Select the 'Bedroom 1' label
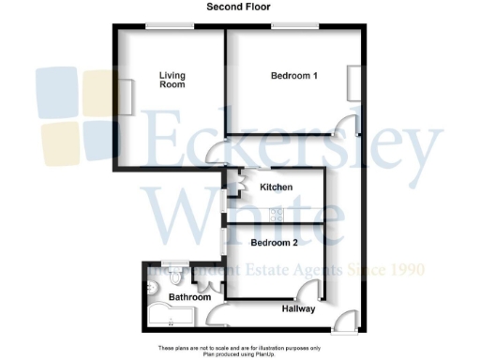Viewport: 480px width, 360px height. click(292, 76)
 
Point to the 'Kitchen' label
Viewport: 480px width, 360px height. click(276, 187)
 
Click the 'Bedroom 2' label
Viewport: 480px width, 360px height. click(276, 242)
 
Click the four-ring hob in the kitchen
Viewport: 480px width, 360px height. click(277, 214)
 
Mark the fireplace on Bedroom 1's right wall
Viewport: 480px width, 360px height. click(352, 83)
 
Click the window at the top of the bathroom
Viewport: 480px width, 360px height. click(172, 262)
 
